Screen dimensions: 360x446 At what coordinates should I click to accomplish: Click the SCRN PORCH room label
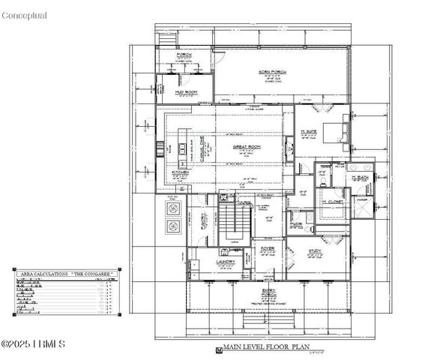(280, 71)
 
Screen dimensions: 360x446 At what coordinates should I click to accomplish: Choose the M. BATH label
(356, 176)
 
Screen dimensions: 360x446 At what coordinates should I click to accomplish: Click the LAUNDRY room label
(226, 262)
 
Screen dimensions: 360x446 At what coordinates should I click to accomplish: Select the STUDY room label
(316, 251)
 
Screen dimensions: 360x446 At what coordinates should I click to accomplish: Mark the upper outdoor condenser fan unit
(171, 207)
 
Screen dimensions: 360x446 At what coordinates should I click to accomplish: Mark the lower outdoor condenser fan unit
(171, 226)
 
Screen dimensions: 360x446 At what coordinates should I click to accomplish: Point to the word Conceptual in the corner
(24, 15)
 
